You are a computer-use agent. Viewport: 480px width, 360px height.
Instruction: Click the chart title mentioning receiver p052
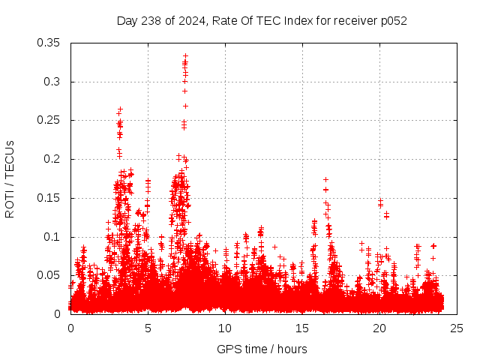[x=262, y=21]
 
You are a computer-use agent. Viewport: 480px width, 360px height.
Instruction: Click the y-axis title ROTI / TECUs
[x=10, y=178]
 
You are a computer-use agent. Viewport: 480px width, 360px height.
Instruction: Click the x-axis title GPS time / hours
[x=262, y=349]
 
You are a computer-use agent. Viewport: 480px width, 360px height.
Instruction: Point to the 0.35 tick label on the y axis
[x=49, y=43]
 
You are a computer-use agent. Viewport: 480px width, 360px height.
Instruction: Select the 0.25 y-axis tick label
[x=49, y=120]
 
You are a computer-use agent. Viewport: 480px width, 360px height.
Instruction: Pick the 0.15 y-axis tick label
[x=49, y=198]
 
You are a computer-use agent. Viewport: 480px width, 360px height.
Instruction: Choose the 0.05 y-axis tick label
[x=49, y=275]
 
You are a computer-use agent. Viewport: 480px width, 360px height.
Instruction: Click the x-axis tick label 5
[x=148, y=328]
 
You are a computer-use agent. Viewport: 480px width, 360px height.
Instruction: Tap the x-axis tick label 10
[x=225, y=328]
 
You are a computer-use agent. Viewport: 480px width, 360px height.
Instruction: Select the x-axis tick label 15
[x=302, y=328]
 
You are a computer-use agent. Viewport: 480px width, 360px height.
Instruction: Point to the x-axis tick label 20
[x=379, y=328]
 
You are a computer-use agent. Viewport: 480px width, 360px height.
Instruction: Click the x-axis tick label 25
[x=457, y=328]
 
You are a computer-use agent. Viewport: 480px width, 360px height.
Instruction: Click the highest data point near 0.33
[x=185, y=55]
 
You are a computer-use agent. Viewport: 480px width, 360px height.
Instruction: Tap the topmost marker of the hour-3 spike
[x=120, y=109]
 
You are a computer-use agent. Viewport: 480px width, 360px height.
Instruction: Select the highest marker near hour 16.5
[x=325, y=179]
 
